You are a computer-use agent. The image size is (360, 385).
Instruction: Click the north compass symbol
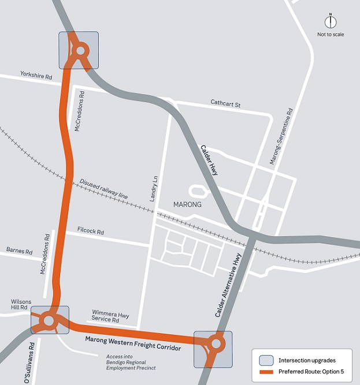pyautogui.click(x=331, y=22)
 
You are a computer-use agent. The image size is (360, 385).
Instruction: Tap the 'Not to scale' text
pyautogui.click(x=331, y=35)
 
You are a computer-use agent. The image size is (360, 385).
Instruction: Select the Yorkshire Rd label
pyautogui.click(x=36, y=75)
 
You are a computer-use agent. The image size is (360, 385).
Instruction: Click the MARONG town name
pyautogui.click(x=186, y=205)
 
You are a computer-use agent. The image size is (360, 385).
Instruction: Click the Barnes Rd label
pyautogui.click(x=19, y=250)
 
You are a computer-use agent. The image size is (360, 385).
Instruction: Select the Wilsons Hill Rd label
pyautogui.click(x=23, y=305)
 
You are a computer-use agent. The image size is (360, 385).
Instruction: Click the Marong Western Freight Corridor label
pyautogui.click(x=133, y=345)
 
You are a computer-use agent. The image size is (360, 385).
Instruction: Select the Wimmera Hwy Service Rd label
pyautogui.click(x=106, y=316)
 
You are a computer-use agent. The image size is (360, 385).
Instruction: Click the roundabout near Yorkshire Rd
pyautogui.click(x=79, y=51)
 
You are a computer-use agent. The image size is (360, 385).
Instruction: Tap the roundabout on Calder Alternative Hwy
pyautogui.click(x=216, y=344)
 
